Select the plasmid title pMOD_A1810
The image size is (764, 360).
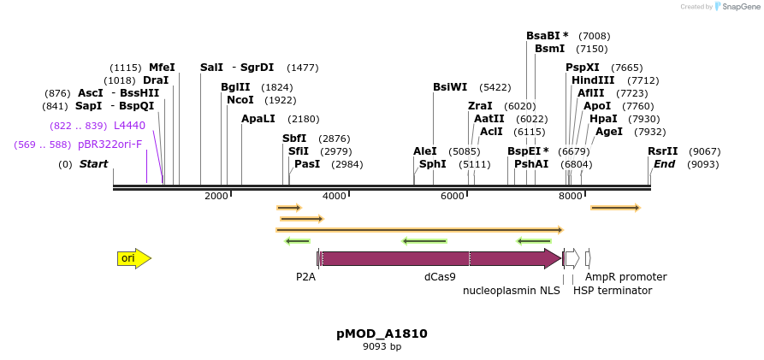tap(382, 333)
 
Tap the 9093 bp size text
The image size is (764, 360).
tap(382, 346)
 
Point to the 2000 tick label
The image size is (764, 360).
tap(216, 196)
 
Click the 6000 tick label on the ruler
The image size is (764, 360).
tap(452, 196)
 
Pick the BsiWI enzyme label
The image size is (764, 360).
tap(450, 87)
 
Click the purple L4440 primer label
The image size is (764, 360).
tap(129, 126)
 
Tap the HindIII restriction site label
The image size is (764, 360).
tap(593, 80)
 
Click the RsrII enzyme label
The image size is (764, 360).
tap(662, 151)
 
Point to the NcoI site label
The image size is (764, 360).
tap(240, 100)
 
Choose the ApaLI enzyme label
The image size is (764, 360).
tap(258, 119)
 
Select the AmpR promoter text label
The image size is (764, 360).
tap(625, 277)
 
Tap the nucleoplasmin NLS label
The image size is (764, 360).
tap(512, 291)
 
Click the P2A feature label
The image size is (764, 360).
tap(305, 277)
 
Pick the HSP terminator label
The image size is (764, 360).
tap(612, 291)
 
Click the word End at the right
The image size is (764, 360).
tap(664, 164)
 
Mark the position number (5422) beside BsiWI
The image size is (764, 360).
tap(495, 87)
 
